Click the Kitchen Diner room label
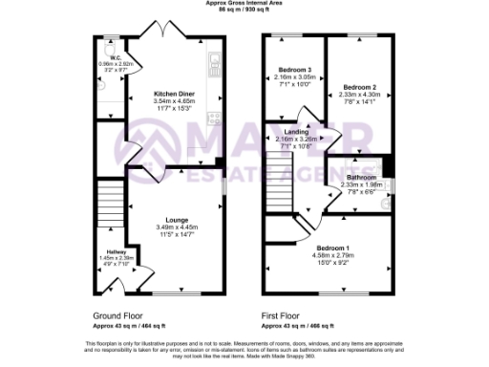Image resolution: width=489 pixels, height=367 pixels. (x=173, y=93)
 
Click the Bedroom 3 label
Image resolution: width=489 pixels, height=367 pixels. (x=295, y=69)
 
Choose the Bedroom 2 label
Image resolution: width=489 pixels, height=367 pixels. (x=360, y=86)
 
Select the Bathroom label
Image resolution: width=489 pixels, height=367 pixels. (x=361, y=177)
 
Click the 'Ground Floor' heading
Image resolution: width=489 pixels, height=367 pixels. (x=118, y=313)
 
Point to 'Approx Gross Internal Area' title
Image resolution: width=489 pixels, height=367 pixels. (x=244, y=4)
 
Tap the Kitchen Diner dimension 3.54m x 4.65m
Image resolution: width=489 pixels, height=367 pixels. (x=173, y=99)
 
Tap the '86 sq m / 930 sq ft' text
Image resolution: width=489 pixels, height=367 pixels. (x=244, y=10)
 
